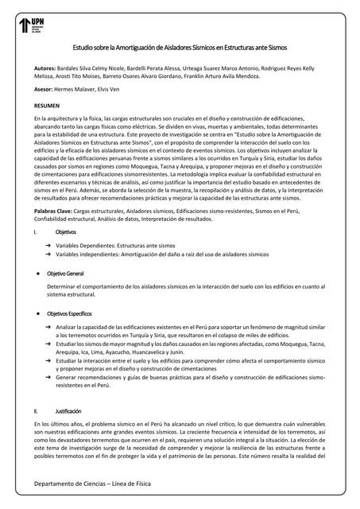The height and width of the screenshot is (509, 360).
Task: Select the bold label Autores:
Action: (x=45, y=69)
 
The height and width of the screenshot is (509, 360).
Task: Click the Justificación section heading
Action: (x=68, y=411)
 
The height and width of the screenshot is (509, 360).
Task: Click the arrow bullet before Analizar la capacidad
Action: (x=48, y=326)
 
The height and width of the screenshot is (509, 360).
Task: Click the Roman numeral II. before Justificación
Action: (x=37, y=411)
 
